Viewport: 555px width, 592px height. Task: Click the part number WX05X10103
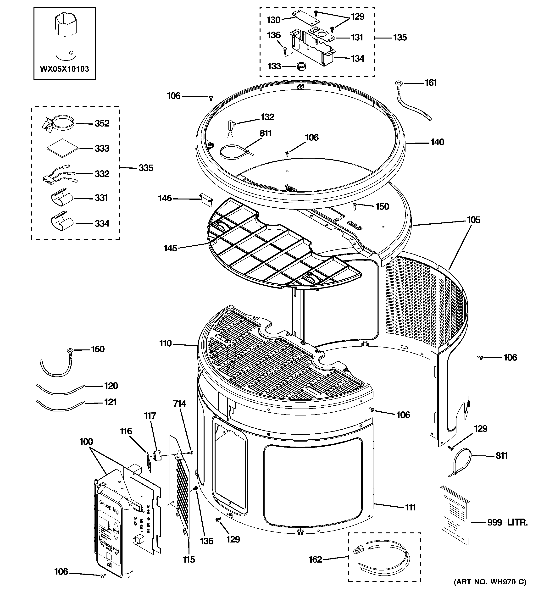point(64,69)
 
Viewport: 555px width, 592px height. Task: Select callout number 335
point(146,168)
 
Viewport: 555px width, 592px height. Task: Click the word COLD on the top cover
point(355,225)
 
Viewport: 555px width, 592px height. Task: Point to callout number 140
point(437,142)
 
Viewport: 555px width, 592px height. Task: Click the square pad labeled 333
point(62,148)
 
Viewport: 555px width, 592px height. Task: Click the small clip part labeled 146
point(205,199)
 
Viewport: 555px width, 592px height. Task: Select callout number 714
point(179,404)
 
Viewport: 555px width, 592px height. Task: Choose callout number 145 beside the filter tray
point(170,248)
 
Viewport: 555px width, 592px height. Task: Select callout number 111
point(410,507)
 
